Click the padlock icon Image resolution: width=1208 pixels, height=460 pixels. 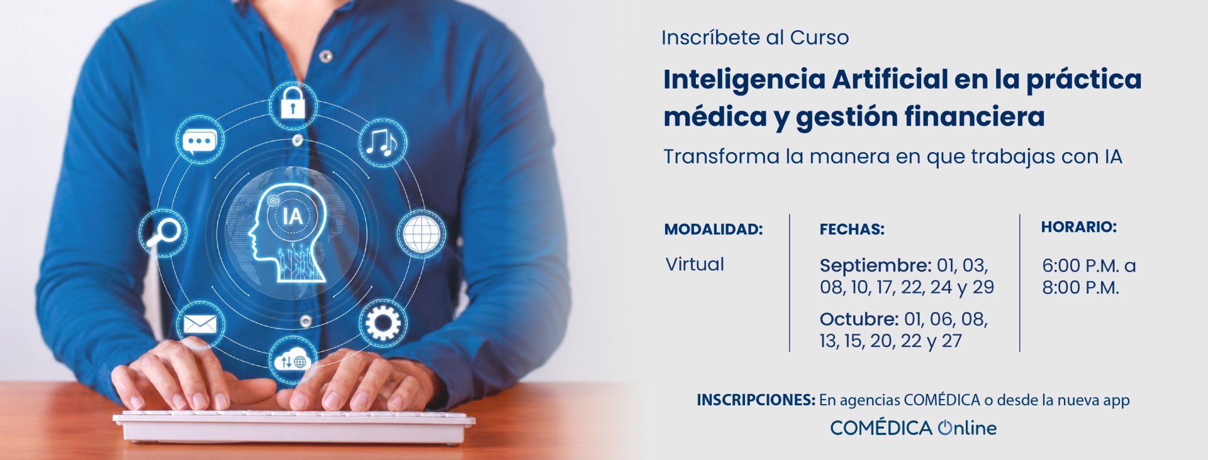coord(293,103)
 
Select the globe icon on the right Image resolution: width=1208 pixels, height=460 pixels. coord(421,234)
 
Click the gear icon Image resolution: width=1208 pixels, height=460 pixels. coord(383,323)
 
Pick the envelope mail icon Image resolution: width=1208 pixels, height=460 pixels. coord(200,324)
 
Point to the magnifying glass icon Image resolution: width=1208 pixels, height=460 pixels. coord(163,233)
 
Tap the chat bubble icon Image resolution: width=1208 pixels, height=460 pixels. coord(200,141)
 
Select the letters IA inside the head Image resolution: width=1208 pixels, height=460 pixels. coord(293,217)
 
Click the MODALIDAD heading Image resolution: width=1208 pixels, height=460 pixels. coord(713,229)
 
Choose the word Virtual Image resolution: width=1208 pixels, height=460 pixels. coord(695,264)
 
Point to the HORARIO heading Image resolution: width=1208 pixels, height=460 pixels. coord(1079,227)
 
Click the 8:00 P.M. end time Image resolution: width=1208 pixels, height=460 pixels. coord(1081,288)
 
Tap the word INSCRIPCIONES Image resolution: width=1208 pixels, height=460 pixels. coord(756,400)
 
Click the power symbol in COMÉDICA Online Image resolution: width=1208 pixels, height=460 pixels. coord(945,428)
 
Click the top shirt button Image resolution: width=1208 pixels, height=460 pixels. coord(325,56)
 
